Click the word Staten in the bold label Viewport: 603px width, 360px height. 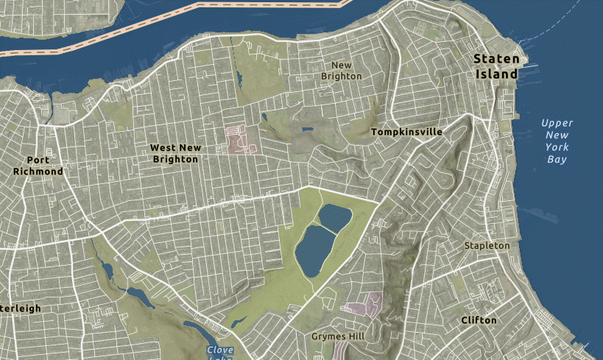click(497, 60)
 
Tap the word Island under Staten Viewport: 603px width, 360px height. click(497, 74)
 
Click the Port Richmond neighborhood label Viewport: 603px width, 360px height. click(38, 166)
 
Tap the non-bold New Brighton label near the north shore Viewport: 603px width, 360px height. click(341, 71)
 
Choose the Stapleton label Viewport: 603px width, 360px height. click(486, 245)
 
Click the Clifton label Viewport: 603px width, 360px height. click(479, 320)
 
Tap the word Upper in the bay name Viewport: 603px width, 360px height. click(557, 123)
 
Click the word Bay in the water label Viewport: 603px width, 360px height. click(557, 159)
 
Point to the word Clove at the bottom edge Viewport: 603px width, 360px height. click(220, 350)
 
